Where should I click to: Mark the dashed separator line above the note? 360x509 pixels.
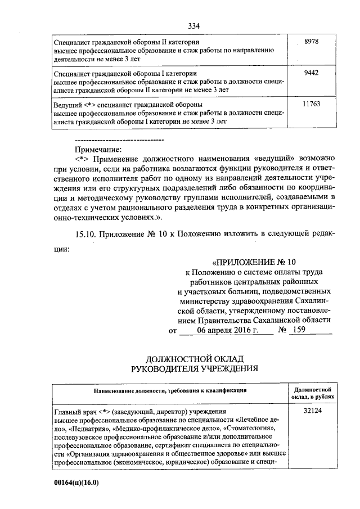click(x=119, y=139)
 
